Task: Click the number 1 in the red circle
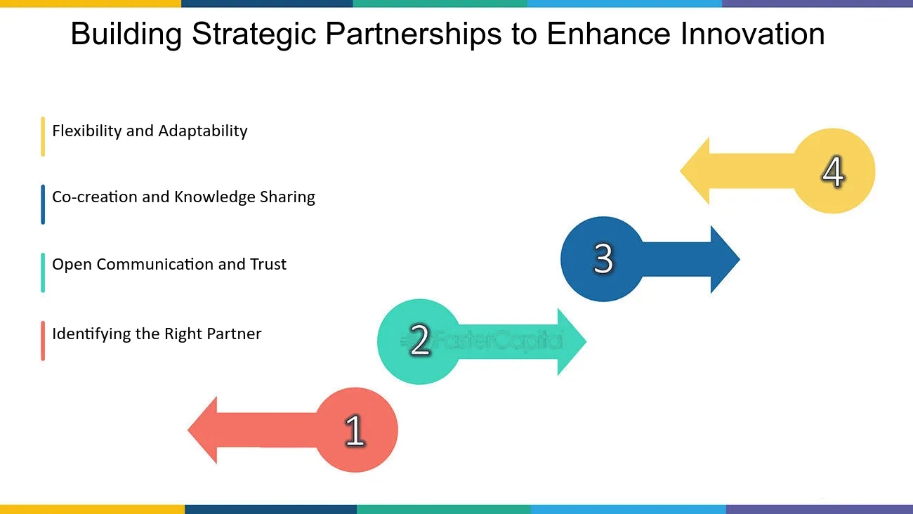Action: tap(355, 430)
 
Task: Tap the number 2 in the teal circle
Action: tap(419, 341)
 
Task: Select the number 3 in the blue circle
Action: tap(603, 258)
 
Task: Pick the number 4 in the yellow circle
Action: tap(833, 171)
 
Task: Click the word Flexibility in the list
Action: tap(87, 131)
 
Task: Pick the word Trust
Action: tap(268, 265)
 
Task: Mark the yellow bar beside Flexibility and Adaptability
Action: tap(43, 136)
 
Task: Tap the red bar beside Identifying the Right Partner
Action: tap(43, 341)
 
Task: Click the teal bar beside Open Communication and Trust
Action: tap(43, 272)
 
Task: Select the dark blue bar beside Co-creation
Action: tap(43, 204)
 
